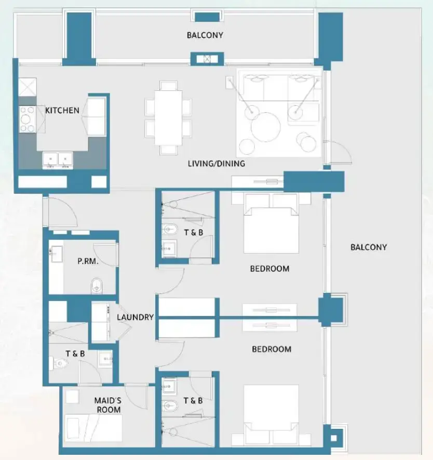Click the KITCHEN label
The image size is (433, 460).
(62, 111)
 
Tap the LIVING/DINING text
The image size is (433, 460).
(216, 164)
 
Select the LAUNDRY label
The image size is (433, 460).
(135, 317)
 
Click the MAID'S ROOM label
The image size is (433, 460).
(107, 405)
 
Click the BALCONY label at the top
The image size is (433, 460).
(205, 35)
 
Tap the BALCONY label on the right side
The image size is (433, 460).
(368, 247)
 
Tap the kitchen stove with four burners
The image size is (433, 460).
(27, 119)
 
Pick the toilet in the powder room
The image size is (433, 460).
(97, 285)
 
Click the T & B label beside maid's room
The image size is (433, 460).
(75, 354)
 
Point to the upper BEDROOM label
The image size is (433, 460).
(269, 268)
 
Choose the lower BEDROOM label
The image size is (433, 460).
(272, 349)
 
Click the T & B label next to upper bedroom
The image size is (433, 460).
(193, 233)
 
